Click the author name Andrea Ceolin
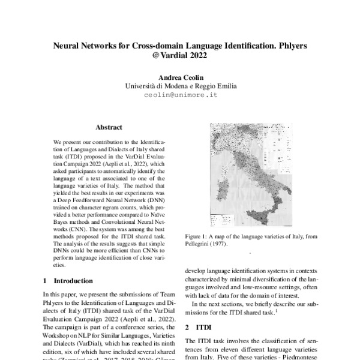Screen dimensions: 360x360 (x=181, y=77)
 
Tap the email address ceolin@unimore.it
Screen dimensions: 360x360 (x=181, y=95)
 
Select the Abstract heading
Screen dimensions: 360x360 (x=109, y=127)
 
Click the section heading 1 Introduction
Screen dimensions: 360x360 (x=68, y=280)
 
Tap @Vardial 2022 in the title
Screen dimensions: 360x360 (x=181, y=55)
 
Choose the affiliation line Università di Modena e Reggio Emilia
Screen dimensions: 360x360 (x=181, y=86)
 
